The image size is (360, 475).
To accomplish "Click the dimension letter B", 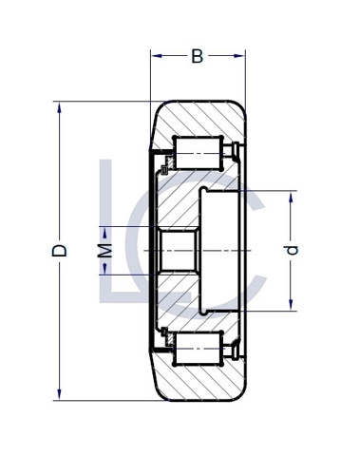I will point(197,56).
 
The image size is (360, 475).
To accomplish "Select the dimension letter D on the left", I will point(60,251).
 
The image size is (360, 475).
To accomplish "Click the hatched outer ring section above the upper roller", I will point(199,119).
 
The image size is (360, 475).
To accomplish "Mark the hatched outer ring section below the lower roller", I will point(199,382).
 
